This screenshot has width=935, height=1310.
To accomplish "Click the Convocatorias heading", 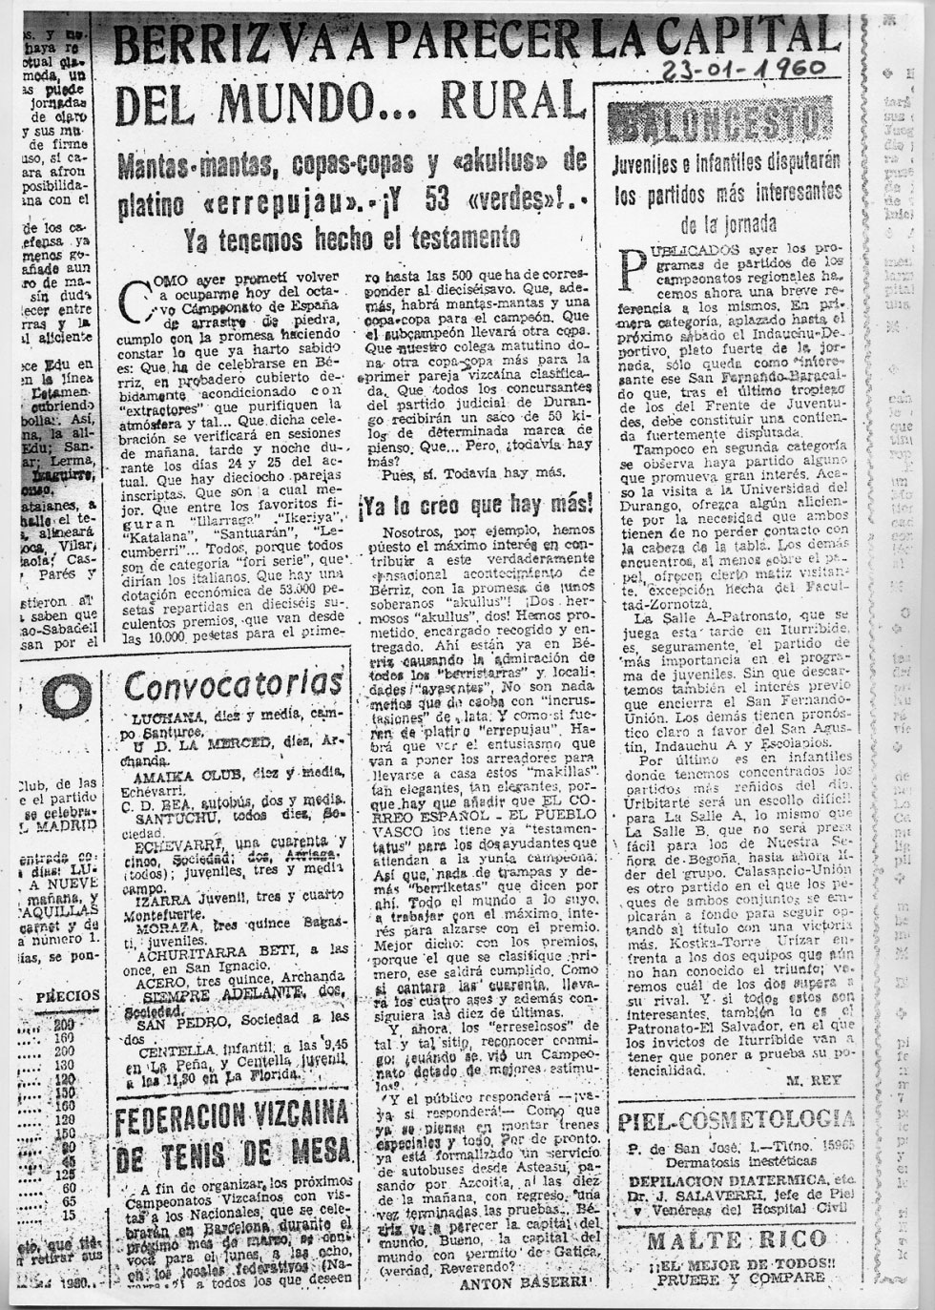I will [x=234, y=683].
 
